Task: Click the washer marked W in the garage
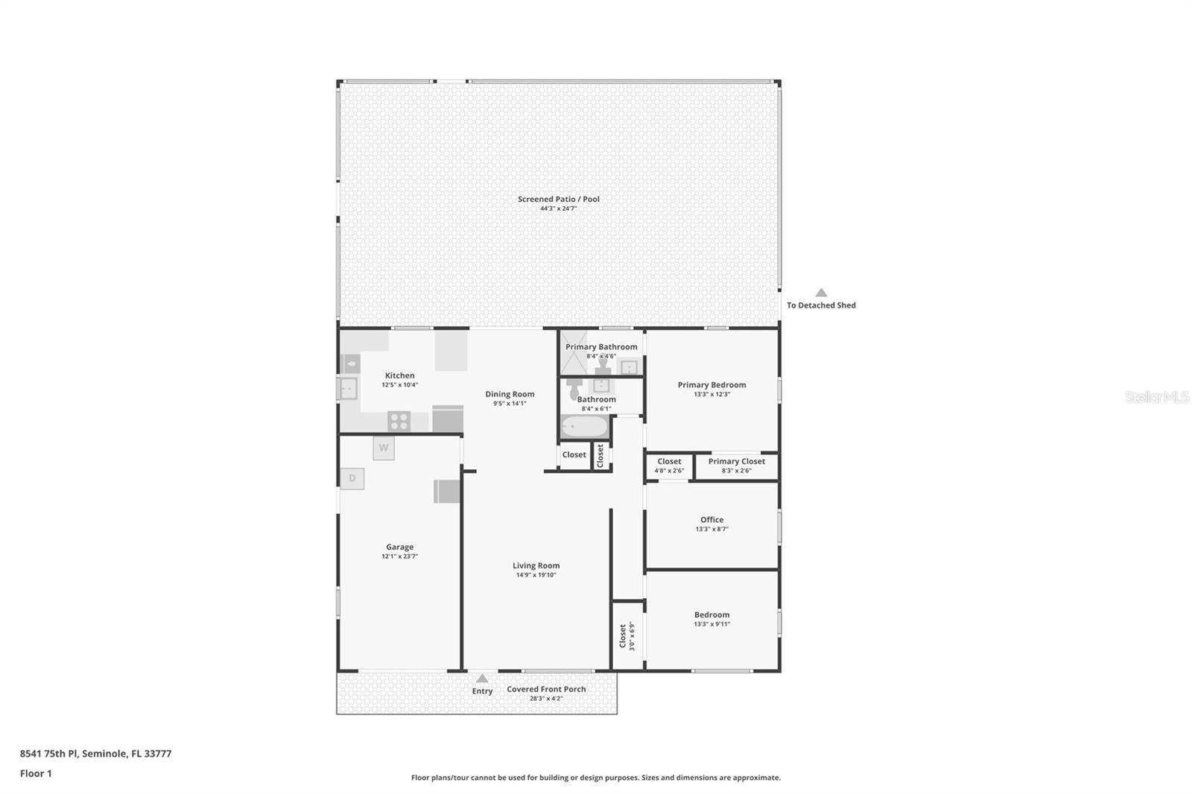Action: point(384,448)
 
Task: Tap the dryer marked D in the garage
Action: point(352,478)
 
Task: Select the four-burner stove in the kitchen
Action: point(399,421)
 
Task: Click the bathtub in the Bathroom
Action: point(584,428)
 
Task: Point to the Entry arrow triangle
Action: point(482,679)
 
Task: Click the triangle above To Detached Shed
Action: point(821,293)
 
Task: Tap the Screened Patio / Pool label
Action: point(558,199)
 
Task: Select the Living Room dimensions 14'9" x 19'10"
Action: point(536,575)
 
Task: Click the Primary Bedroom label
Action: point(711,385)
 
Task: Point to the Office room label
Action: point(711,520)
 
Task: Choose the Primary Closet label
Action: point(736,461)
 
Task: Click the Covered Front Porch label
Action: point(546,689)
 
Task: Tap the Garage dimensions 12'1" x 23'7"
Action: point(399,556)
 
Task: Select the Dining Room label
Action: point(510,394)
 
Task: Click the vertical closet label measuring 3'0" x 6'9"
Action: point(627,636)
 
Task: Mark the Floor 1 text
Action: point(36,773)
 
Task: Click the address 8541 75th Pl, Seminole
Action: point(95,753)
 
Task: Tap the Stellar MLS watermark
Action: point(1156,397)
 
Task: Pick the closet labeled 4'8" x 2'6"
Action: point(669,466)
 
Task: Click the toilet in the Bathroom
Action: point(574,389)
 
